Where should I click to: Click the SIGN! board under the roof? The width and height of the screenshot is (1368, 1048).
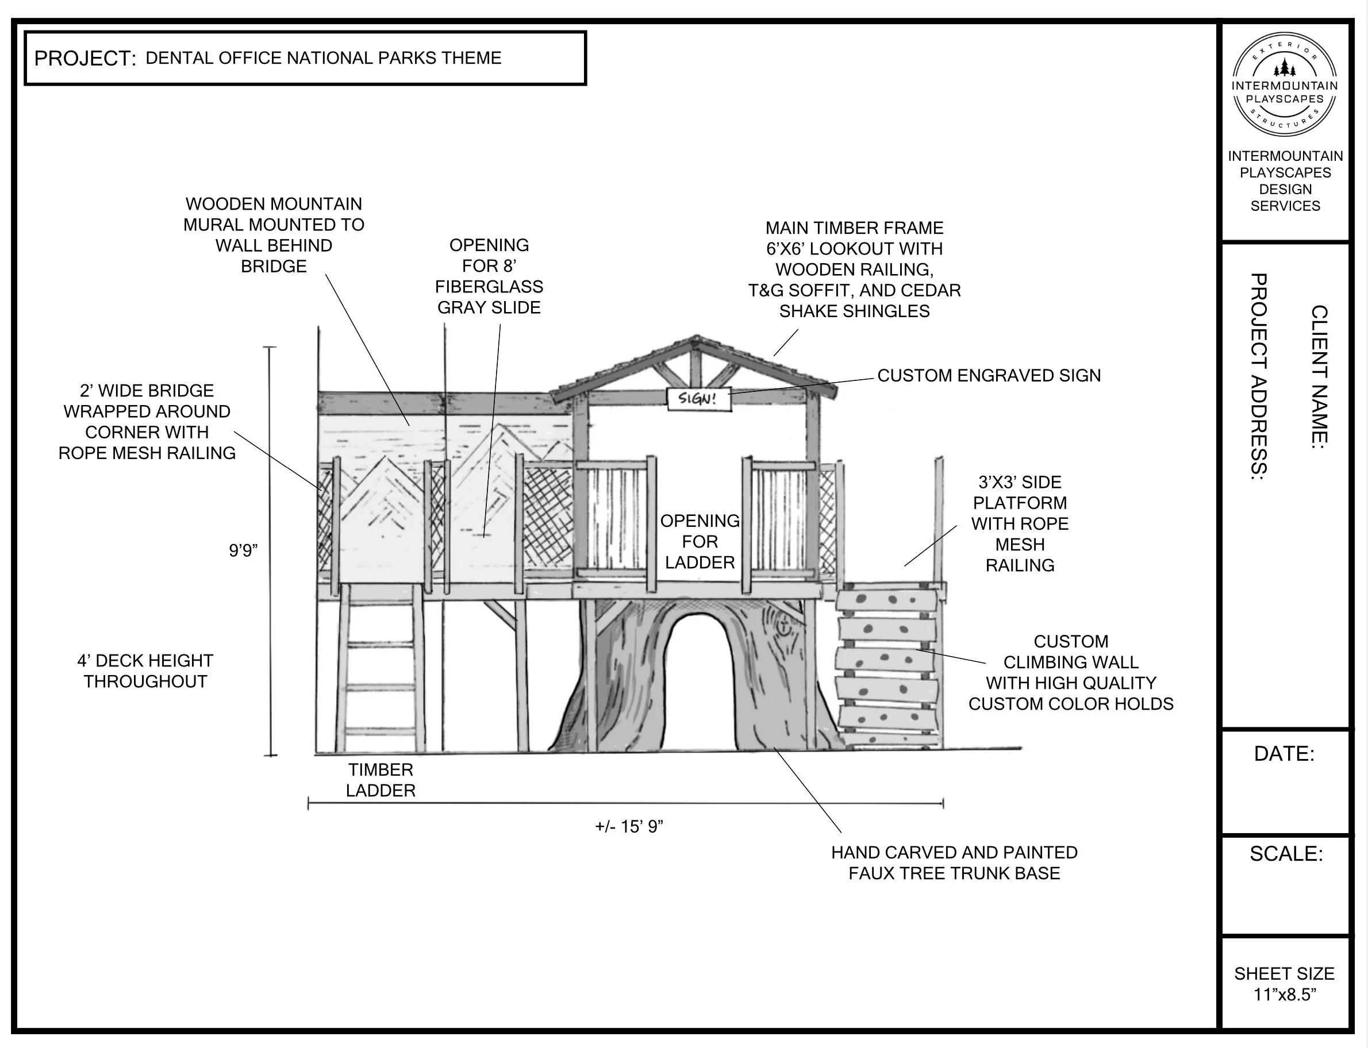click(x=698, y=399)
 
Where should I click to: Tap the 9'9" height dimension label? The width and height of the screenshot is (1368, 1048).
click(x=243, y=550)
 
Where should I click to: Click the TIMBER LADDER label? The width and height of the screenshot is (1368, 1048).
click(x=380, y=780)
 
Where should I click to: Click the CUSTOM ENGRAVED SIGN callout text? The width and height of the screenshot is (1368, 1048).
click(x=989, y=376)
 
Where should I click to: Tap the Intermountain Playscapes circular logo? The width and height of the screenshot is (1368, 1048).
click(x=1285, y=85)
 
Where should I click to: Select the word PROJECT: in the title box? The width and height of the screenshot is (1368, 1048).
click(x=85, y=59)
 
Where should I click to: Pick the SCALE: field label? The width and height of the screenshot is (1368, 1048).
click(x=1286, y=853)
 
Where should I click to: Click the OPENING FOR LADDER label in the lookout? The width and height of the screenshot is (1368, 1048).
click(x=700, y=541)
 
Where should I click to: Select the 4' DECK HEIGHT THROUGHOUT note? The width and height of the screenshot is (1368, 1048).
click(x=145, y=671)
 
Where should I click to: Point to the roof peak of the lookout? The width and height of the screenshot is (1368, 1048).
click(x=696, y=339)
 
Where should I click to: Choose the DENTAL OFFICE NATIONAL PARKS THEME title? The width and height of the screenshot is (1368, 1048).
click(x=323, y=58)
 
